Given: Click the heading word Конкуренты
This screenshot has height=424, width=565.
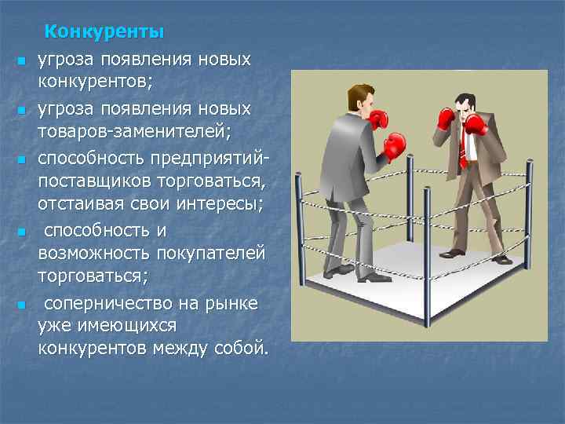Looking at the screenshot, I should (104, 32).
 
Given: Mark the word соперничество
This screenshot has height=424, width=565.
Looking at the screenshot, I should (111, 302).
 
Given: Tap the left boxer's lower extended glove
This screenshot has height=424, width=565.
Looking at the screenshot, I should (394, 145).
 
